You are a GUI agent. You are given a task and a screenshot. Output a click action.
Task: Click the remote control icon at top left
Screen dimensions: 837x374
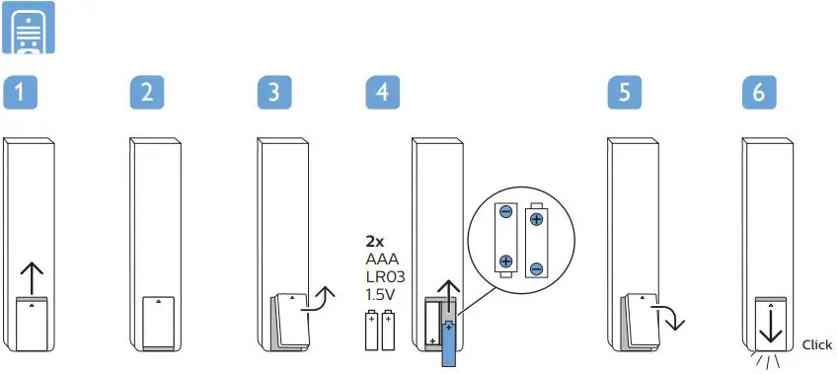tap(30, 29)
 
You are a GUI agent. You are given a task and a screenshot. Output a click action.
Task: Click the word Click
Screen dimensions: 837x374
tap(817, 345)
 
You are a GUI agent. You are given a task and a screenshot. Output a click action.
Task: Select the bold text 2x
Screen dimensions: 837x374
tap(375, 240)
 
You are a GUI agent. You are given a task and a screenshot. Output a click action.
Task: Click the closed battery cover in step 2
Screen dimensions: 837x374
tap(159, 321)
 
